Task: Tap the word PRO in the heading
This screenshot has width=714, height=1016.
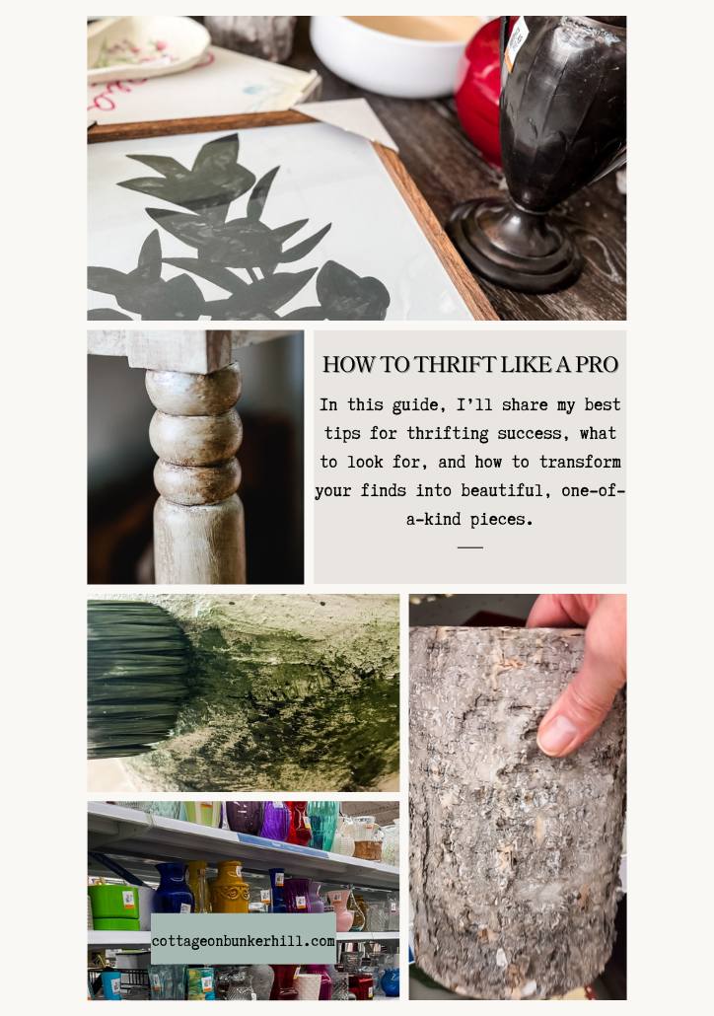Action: pyautogui.click(x=597, y=365)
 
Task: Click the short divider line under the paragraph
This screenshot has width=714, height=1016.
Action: pyautogui.click(x=470, y=546)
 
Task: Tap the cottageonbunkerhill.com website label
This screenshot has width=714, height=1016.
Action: pyautogui.click(x=244, y=941)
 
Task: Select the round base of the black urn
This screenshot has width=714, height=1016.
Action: pyautogui.click(x=514, y=253)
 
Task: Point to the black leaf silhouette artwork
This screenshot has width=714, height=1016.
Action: pyautogui.click(x=227, y=237)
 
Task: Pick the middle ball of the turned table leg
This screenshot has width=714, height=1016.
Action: pyautogui.click(x=195, y=435)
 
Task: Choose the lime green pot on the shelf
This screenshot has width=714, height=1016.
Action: pyautogui.click(x=114, y=905)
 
